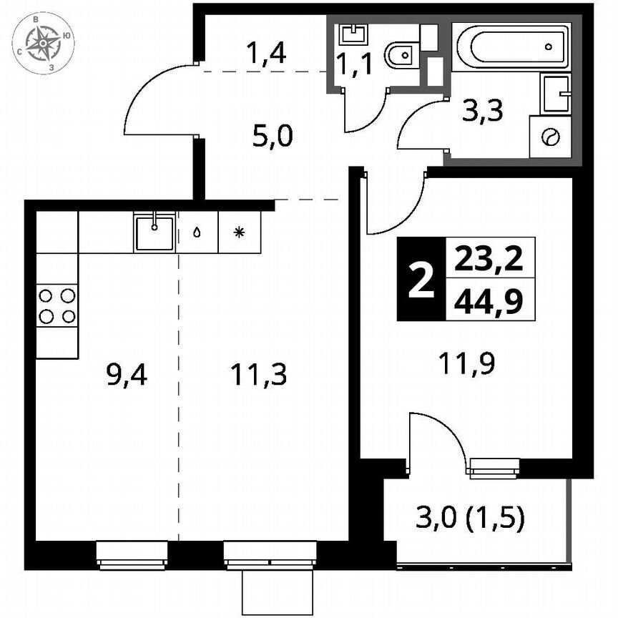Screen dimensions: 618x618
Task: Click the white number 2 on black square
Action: [421, 279]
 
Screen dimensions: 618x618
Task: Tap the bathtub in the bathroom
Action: [511, 46]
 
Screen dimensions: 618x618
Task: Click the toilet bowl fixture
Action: [401, 52]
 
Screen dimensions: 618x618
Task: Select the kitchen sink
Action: [154, 232]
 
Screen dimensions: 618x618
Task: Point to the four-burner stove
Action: [57, 305]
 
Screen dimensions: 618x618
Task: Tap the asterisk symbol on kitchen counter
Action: [240, 232]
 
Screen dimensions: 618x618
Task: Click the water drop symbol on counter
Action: [197, 232]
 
